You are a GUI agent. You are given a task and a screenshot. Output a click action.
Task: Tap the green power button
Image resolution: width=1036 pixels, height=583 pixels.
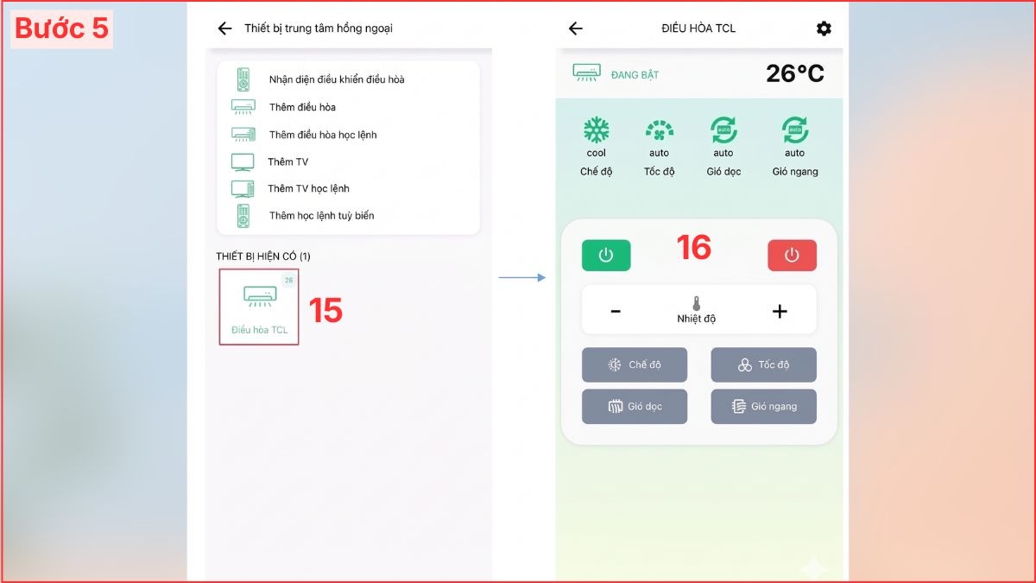[x=606, y=255]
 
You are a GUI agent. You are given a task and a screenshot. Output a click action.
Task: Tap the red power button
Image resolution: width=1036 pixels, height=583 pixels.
[x=792, y=255]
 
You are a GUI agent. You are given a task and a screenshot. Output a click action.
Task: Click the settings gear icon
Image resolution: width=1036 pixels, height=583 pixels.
[x=824, y=29]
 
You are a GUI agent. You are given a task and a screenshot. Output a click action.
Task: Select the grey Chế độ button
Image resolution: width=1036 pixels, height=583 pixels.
[x=634, y=364]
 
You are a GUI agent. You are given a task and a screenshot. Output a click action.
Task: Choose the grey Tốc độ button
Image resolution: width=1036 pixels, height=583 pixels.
[x=763, y=364]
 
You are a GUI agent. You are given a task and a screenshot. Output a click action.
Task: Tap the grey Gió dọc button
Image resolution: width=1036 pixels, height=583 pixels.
[x=634, y=406]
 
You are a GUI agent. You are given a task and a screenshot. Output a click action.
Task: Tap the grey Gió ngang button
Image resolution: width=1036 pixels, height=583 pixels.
[x=763, y=406]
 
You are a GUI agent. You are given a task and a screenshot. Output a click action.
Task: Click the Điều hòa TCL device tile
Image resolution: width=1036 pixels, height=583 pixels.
[x=259, y=307]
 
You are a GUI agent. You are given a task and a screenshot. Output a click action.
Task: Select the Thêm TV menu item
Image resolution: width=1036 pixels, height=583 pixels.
[x=287, y=162]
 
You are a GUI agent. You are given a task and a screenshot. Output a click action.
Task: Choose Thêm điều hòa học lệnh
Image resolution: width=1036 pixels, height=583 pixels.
[x=323, y=135]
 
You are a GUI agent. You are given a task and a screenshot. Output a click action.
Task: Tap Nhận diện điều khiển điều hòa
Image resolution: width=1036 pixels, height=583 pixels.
[x=337, y=79]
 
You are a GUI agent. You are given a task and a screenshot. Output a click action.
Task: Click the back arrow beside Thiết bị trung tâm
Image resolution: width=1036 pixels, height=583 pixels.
[x=224, y=29]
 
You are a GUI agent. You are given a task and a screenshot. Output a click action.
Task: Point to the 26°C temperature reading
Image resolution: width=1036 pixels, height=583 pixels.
[x=794, y=73]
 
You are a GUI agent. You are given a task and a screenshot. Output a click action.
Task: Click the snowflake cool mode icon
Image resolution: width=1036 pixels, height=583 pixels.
[x=597, y=130]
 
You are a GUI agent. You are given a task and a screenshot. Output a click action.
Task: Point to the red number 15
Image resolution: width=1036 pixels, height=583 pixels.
[x=325, y=310]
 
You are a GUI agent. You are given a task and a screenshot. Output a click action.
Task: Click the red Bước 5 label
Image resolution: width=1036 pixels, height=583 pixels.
[x=61, y=29]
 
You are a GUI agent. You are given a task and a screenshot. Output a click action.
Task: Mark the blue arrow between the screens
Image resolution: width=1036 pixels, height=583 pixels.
[x=522, y=277]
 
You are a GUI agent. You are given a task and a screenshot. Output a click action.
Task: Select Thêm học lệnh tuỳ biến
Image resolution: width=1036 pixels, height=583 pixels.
[x=321, y=216]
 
